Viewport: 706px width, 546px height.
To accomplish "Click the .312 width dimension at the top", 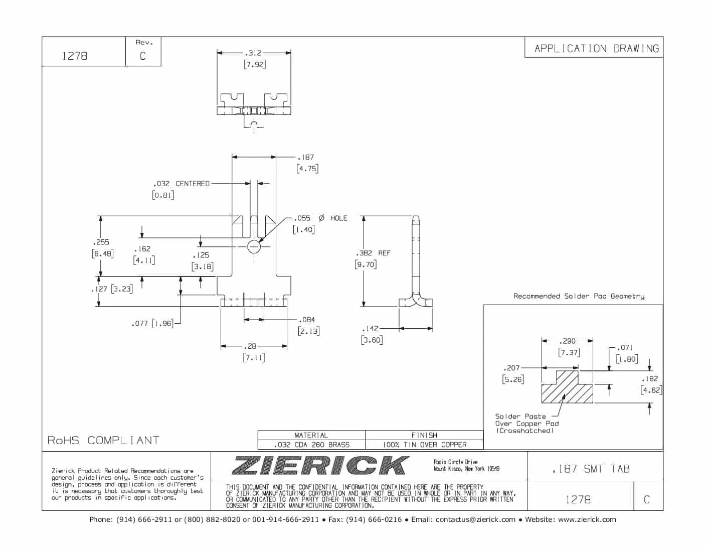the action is [x=253, y=53].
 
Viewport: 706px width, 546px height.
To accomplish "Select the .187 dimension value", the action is [x=306, y=158].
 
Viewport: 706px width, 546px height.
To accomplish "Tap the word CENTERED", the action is [x=193, y=184].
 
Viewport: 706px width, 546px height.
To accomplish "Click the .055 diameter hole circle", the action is [x=254, y=247].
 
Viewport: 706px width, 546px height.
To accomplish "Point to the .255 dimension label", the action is [x=101, y=242].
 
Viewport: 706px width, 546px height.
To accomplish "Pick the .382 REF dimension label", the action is [x=373, y=253].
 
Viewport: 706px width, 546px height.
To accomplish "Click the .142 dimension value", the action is [x=371, y=329].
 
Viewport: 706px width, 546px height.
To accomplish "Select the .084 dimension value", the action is [x=307, y=320].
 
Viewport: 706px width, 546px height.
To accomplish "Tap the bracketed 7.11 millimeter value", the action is [x=254, y=358].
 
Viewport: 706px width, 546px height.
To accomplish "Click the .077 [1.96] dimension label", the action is [x=152, y=324].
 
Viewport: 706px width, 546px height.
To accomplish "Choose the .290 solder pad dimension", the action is [x=567, y=341].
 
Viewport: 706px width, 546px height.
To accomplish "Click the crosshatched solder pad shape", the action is [x=567, y=390].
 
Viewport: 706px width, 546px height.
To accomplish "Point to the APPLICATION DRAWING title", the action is [x=597, y=49].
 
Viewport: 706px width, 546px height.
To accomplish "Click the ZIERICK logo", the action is [x=320, y=465].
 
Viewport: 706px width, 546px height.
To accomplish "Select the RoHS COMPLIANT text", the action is [x=103, y=440].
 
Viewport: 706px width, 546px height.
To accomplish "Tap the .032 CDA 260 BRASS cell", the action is [x=311, y=445].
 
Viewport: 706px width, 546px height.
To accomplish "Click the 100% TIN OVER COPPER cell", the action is [x=424, y=445].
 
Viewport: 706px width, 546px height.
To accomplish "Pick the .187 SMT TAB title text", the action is [x=591, y=469].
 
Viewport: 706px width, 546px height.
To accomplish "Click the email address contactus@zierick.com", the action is [x=475, y=519].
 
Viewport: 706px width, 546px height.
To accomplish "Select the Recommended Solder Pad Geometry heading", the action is [x=579, y=296].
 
